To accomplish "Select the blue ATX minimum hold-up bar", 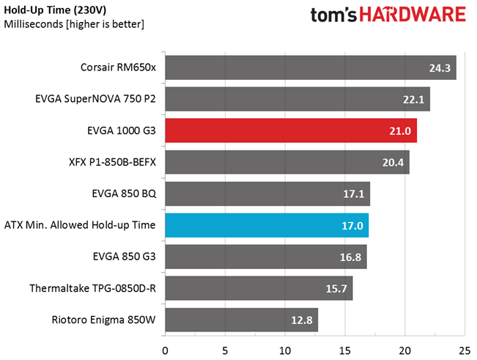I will pos(267,225).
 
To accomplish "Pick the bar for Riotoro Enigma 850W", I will pos(241,320).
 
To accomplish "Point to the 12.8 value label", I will pos(300,320).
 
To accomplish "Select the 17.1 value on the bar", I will pos(353,194).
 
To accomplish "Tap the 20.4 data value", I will pos(392,163).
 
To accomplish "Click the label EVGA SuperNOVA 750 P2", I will pos(95,99).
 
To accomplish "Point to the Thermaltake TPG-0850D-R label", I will pos(93,288).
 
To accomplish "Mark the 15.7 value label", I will pos(336,289).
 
